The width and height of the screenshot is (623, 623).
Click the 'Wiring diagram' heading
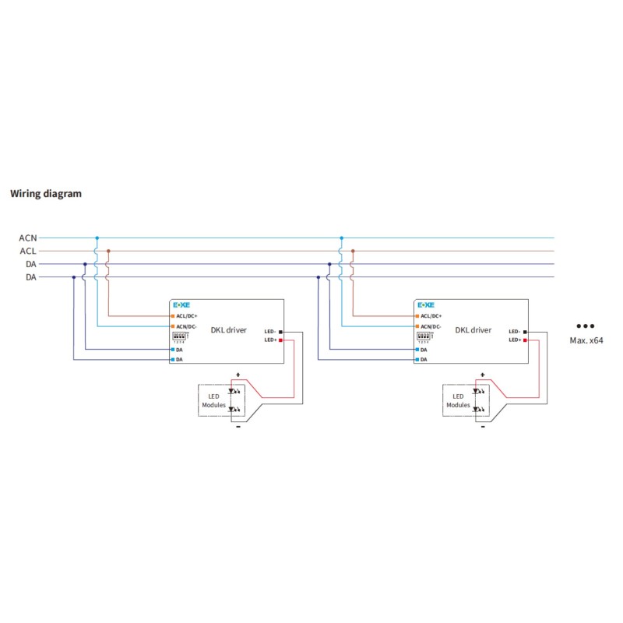coord(45,194)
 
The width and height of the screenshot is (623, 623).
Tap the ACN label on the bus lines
coord(27,238)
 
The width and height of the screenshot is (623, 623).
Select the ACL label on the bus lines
coord(27,251)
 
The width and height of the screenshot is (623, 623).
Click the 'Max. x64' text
coord(585,340)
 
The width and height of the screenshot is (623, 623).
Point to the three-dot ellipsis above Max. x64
coord(585,326)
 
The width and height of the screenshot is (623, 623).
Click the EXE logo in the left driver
coord(181,305)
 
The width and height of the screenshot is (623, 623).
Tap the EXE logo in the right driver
coord(426,305)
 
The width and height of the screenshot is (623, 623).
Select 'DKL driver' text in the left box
coord(228,330)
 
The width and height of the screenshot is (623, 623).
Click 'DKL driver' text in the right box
coord(473,330)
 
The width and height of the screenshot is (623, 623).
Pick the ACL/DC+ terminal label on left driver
coord(188,316)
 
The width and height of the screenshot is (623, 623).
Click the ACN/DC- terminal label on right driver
coord(432,326)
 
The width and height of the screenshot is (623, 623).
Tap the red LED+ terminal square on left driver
coord(280,340)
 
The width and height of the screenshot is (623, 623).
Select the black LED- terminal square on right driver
coord(525,332)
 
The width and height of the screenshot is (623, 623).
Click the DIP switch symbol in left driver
coord(178,336)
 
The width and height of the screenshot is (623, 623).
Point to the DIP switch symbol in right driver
coord(424,336)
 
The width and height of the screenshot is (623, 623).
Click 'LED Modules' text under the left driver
coord(213,401)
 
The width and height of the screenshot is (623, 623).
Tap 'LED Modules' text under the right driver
coord(458,401)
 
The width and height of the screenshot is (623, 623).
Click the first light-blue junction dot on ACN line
coord(97,238)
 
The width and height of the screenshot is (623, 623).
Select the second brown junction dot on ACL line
coord(353,251)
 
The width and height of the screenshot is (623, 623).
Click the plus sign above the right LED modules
coord(483,375)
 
